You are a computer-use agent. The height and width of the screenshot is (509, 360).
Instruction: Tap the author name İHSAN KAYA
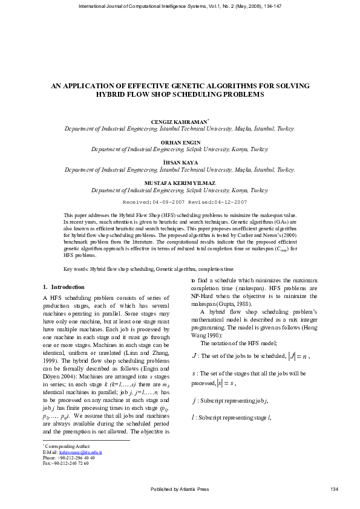pos(180,163)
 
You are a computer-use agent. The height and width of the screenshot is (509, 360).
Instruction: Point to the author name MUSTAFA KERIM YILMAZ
pos(180,182)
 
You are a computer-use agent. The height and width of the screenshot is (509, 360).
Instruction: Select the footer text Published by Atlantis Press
pos(179,488)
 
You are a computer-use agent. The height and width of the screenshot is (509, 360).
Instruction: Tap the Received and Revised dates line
pos(185,201)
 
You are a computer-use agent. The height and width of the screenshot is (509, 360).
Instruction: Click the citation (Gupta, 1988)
pos(233,304)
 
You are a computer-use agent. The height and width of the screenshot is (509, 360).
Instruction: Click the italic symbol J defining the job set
pos(194,357)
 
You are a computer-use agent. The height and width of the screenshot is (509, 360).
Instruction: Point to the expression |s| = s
pos(225,383)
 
